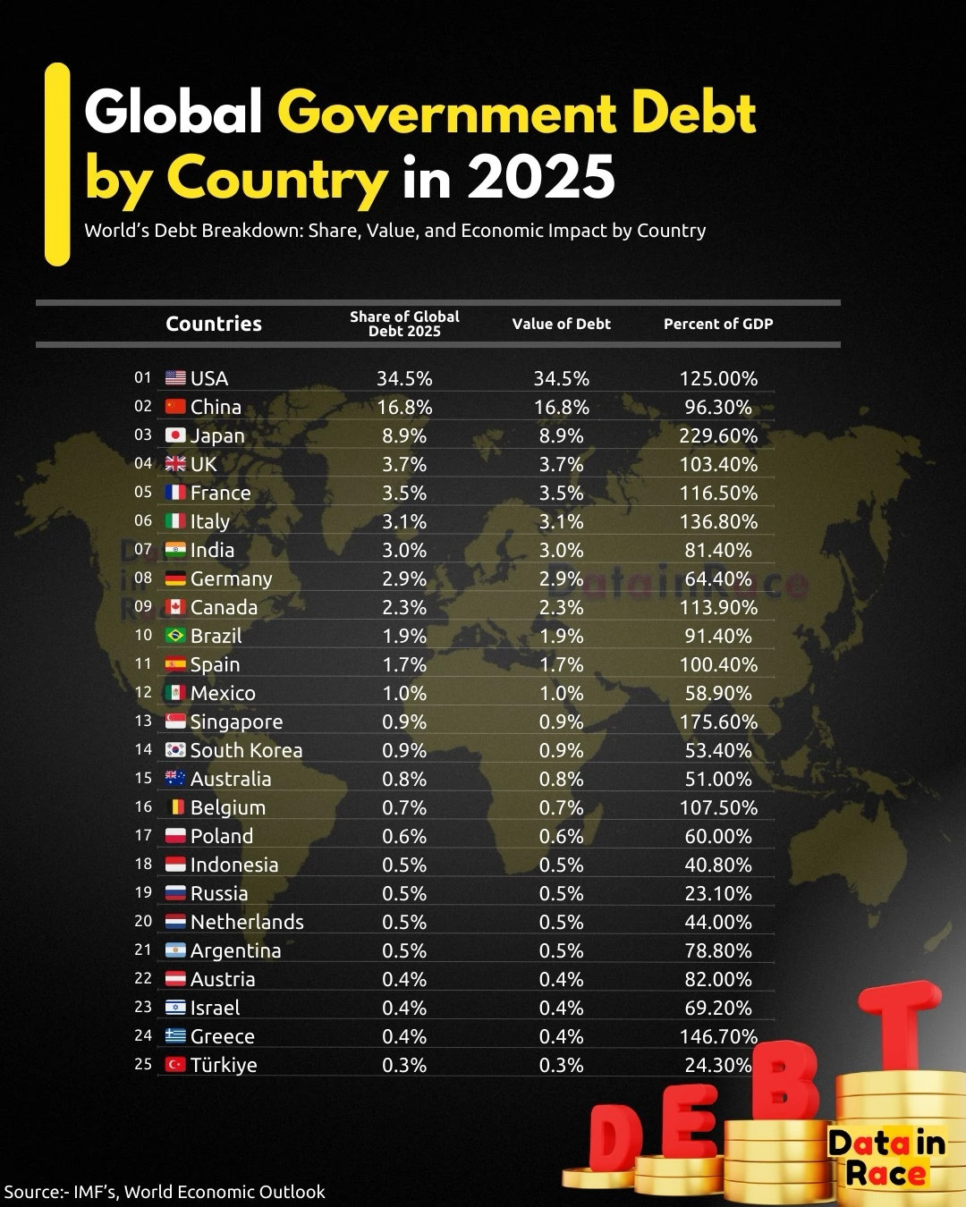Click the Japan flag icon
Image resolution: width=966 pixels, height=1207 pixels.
(175, 435)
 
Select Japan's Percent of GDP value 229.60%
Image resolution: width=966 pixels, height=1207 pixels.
(718, 435)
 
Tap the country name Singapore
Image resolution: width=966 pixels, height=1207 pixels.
(236, 722)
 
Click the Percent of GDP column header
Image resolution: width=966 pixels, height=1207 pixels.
(718, 324)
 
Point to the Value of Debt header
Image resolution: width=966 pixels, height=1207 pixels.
(561, 324)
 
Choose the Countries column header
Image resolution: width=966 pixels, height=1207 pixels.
(214, 324)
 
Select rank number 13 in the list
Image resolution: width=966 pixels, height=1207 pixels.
(143, 721)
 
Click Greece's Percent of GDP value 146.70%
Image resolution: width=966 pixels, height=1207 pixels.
(718, 1036)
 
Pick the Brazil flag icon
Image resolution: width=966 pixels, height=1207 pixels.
(175, 636)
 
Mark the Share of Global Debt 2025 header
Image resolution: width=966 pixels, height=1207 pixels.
(404, 324)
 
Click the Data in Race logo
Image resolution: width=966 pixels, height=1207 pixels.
(885, 1158)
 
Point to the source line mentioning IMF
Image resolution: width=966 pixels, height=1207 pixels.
(165, 1192)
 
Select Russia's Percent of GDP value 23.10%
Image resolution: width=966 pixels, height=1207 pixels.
(718, 893)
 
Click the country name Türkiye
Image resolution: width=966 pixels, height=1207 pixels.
(224, 1065)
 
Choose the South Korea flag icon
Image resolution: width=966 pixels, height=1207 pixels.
(175, 750)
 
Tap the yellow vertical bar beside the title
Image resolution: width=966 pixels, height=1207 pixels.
(57, 165)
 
